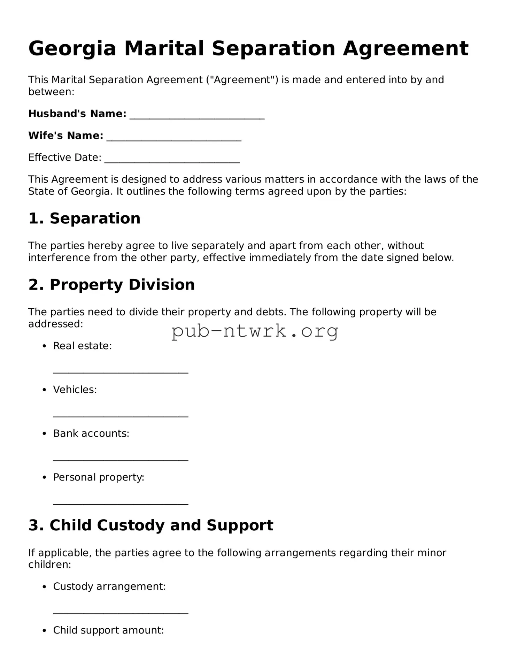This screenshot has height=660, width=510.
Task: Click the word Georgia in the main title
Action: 72,48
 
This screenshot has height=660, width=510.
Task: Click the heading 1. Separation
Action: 84,218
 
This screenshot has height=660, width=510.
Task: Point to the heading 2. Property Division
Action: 111,285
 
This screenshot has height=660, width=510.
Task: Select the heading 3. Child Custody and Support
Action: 150,525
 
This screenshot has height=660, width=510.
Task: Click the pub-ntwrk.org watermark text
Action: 255,331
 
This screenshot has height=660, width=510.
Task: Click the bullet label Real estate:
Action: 82,346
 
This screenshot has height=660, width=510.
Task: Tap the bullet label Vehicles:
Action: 75,390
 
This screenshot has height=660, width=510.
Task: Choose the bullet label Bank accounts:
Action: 91,433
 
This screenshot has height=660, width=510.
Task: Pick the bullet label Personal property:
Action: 99,477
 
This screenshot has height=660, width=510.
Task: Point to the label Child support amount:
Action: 108,630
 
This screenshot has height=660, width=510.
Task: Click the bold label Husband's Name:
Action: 77,114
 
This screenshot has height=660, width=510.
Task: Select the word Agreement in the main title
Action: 405,48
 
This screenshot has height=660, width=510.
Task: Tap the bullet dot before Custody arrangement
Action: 44,587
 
